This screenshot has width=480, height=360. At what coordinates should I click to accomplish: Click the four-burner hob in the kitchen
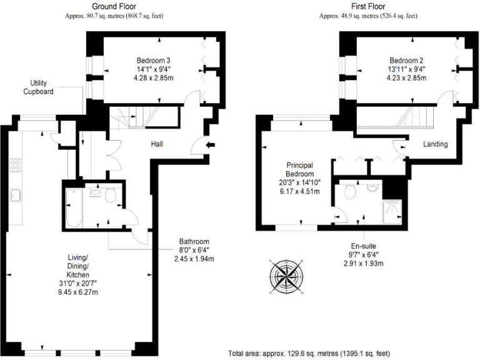point(16,166)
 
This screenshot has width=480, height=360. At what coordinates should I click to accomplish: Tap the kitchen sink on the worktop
point(16,196)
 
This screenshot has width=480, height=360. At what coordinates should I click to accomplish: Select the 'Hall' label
point(157,144)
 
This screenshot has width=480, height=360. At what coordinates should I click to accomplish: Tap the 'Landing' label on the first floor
point(435,144)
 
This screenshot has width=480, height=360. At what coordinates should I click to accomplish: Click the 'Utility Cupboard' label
point(38,87)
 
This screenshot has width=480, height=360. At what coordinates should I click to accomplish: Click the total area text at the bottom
point(309,353)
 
